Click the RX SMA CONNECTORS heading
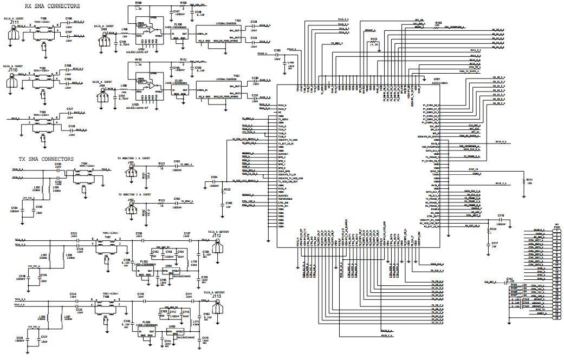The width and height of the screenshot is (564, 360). (53, 6)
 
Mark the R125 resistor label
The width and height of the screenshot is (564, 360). (373, 40)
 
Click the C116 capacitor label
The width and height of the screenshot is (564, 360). (501, 215)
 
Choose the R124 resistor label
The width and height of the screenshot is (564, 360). (493, 230)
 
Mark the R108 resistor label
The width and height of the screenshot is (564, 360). (138, 3)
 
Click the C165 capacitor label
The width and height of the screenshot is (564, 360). (277, 50)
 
